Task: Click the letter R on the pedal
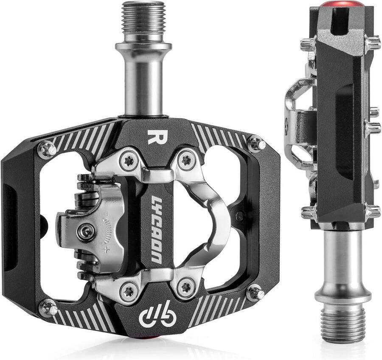pos(152,137)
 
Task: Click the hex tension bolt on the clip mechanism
pos(86,231)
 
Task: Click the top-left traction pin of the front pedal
pos(47,149)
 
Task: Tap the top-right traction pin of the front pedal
pos(256,144)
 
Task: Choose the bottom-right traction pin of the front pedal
pos(255,293)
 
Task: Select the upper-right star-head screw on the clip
pos(185,160)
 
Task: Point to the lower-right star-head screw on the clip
pos(185,288)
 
